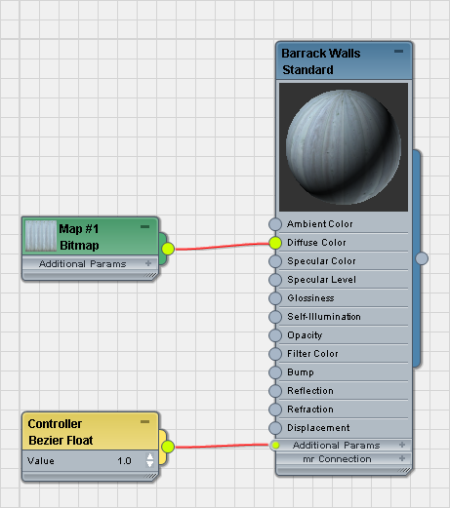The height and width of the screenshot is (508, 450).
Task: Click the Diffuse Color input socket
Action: tap(275, 243)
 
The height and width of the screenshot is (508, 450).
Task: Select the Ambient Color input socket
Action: tap(275, 224)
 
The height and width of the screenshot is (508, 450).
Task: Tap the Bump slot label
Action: tap(301, 372)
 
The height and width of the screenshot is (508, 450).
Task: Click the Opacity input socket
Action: tap(275, 335)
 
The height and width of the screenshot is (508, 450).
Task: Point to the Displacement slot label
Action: tap(318, 428)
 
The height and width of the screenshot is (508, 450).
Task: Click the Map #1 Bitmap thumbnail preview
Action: tap(41, 236)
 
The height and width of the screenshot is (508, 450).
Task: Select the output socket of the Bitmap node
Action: tap(168, 249)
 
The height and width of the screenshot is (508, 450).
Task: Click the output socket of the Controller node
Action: tap(168, 447)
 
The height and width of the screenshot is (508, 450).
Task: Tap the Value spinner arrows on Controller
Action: tap(149, 460)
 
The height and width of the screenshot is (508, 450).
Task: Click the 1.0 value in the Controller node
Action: tap(124, 461)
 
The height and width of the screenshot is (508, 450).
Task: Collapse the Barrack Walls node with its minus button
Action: tap(398, 52)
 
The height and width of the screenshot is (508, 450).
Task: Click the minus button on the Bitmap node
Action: tap(144, 226)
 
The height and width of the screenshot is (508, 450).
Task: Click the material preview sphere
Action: tap(344, 147)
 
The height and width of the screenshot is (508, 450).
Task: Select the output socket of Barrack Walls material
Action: tap(422, 258)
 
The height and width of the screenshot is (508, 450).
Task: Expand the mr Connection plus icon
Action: tap(402, 458)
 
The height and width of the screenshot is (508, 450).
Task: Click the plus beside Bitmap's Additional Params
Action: tap(148, 263)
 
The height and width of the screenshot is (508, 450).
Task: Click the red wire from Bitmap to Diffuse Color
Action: tap(222, 246)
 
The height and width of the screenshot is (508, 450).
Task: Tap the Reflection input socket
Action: tap(275, 391)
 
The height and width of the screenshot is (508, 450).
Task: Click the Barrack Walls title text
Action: tap(321, 54)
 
